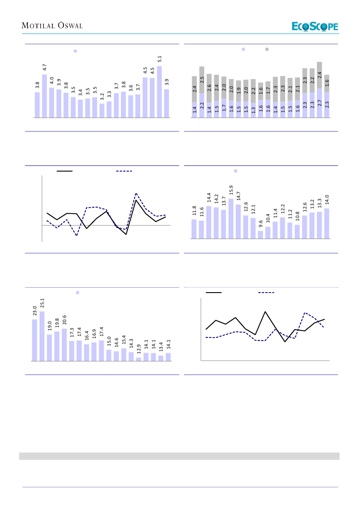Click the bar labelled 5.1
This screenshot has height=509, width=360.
click(x=159, y=92)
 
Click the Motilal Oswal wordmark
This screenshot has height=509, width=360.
click(x=52, y=26)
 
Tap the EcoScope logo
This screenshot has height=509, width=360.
click(x=315, y=27)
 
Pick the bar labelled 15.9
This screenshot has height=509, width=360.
click(x=231, y=219)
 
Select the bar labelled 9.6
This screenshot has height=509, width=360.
click(x=260, y=235)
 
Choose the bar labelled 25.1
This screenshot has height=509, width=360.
click(x=42, y=336)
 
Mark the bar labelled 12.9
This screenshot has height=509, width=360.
click(x=138, y=359)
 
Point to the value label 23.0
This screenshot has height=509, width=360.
click(x=35, y=310)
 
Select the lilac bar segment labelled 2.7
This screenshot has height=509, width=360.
click(x=320, y=103)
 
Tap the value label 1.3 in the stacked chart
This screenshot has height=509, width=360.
click(x=253, y=111)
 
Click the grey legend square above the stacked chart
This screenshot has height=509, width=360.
click(x=267, y=50)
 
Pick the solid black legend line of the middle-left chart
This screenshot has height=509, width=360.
click(x=64, y=171)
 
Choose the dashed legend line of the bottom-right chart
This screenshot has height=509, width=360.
click(x=266, y=293)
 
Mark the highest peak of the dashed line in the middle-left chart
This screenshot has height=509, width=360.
click(x=136, y=193)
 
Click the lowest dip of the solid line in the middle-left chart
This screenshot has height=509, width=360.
click(x=126, y=234)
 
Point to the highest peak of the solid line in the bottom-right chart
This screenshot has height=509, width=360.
click(x=265, y=311)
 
